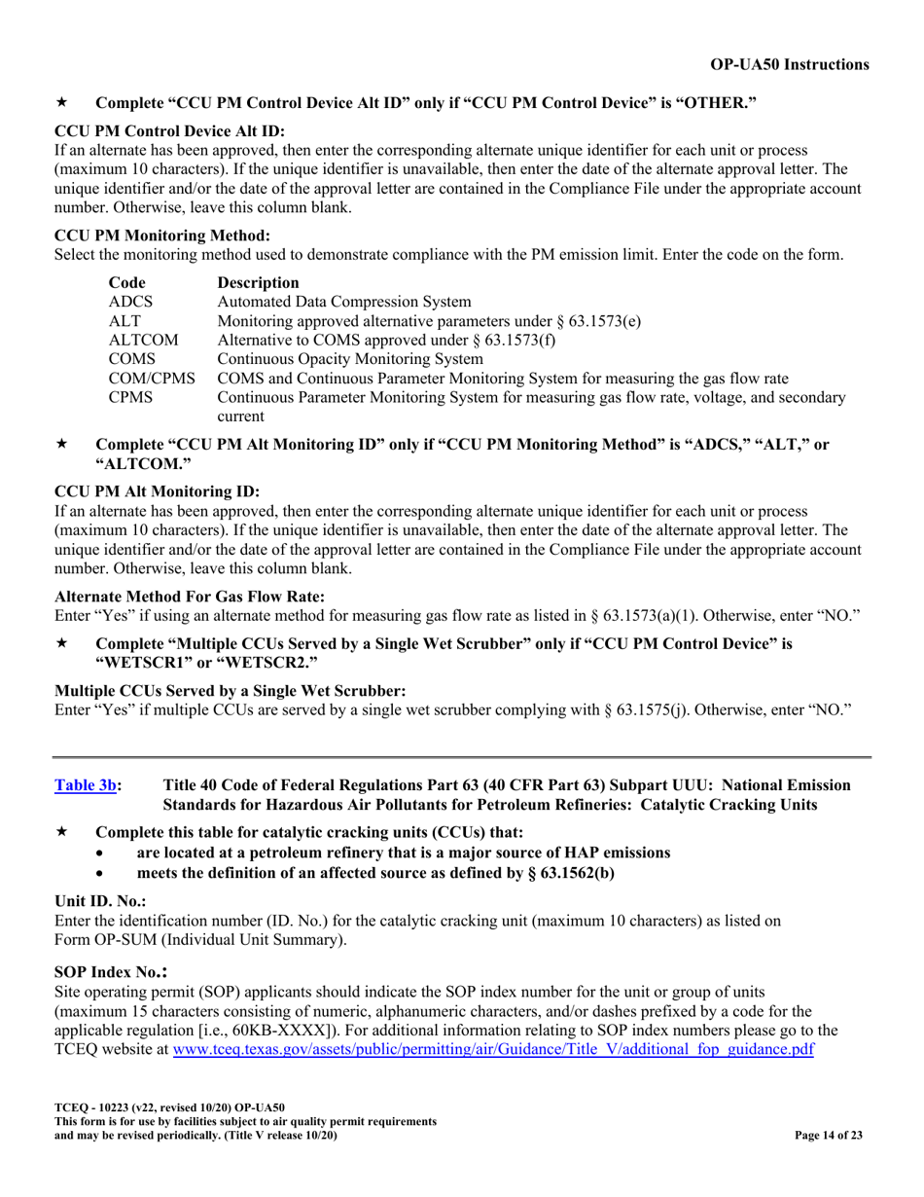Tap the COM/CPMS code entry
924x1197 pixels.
(151, 378)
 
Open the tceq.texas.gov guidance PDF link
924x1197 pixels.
(492, 1050)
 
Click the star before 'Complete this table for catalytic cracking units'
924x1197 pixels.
(60, 833)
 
